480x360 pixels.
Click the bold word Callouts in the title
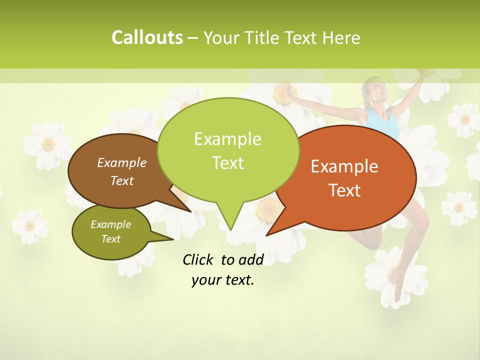pyautogui.click(x=147, y=37)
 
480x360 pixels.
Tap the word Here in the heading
pyautogui.click(x=341, y=37)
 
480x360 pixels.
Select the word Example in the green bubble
pyautogui.click(x=227, y=139)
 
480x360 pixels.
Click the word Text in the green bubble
pyautogui.click(x=227, y=163)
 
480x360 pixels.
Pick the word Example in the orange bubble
pyautogui.click(x=344, y=166)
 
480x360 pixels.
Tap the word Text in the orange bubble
pyautogui.click(x=344, y=190)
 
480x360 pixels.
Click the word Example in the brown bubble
pyautogui.click(x=122, y=162)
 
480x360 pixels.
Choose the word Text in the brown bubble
pyautogui.click(x=122, y=180)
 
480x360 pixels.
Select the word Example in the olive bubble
pyautogui.click(x=110, y=224)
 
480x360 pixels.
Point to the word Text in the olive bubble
pyautogui.click(x=110, y=239)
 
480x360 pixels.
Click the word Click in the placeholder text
pyautogui.click(x=199, y=259)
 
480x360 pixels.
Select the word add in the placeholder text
pyautogui.click(x=251, y=259)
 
